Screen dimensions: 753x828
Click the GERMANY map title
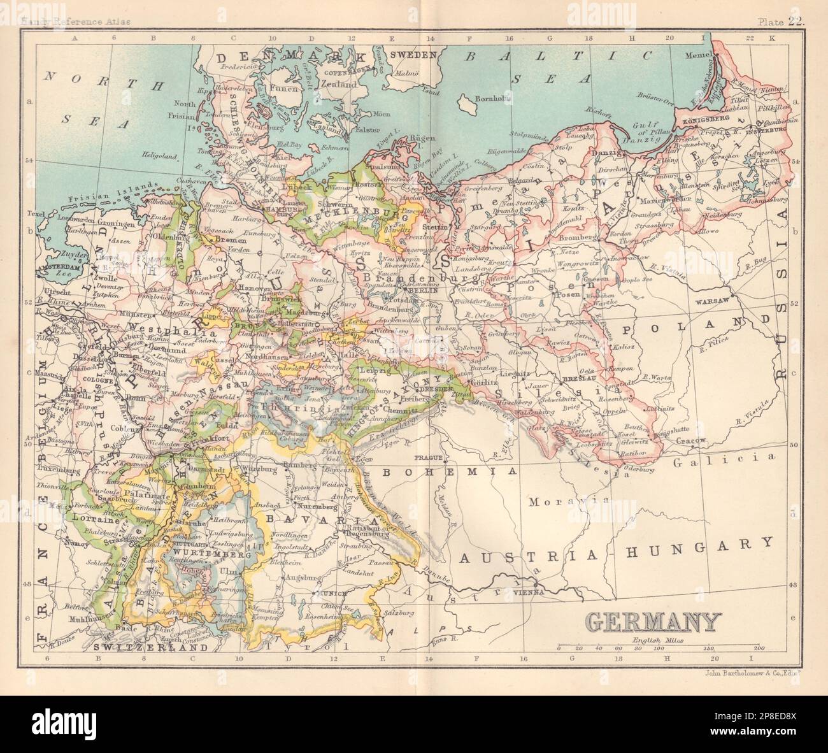653,620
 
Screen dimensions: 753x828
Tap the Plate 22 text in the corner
781,5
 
